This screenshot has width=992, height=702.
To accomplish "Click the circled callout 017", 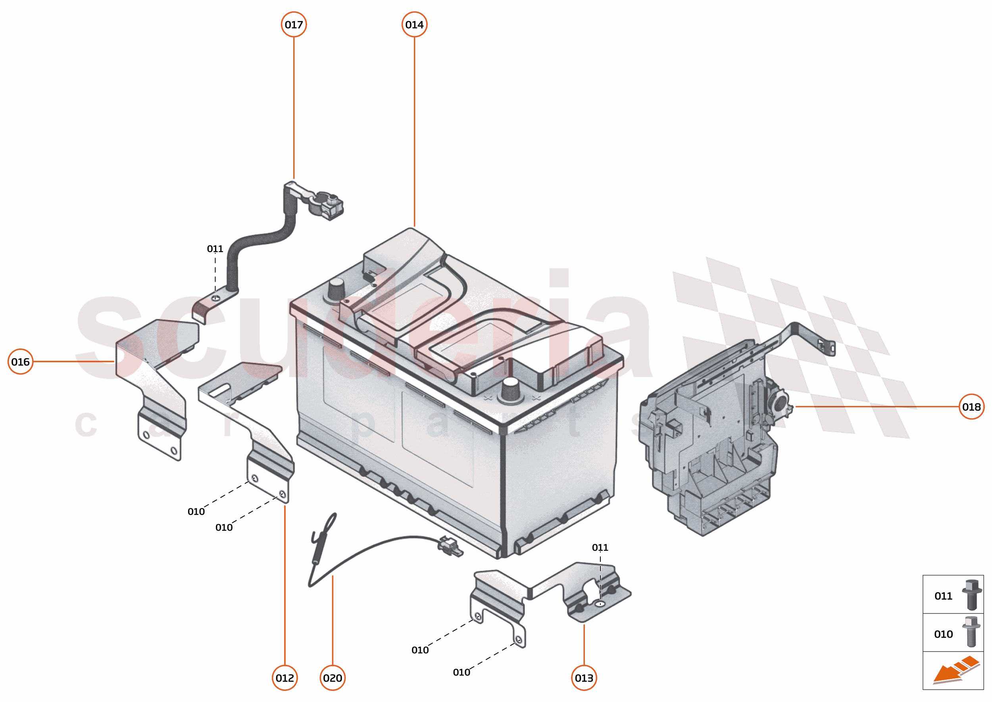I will click(294, 25).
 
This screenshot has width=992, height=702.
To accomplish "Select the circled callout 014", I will click(414, 25).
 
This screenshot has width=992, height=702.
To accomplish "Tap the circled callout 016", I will click(20, 362).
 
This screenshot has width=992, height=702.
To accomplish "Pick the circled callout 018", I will click(971, 407).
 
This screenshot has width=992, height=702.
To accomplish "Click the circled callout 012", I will click(285, 678).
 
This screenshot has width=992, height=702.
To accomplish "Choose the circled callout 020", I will click(332, 678).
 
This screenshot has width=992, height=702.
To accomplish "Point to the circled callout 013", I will click(584, 678).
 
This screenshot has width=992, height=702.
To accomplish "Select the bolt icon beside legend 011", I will click(971, 595).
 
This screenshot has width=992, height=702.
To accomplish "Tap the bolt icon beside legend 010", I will click(971, 632).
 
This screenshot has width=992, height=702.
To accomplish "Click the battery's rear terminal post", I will click(337, 289).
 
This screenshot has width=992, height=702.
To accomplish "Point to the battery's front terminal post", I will click(510, 390).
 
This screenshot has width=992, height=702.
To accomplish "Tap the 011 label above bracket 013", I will click(600, 547).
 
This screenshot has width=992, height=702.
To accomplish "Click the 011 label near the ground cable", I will click(215, 248).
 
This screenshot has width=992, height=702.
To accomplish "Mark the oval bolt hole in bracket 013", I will click(600, 604).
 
